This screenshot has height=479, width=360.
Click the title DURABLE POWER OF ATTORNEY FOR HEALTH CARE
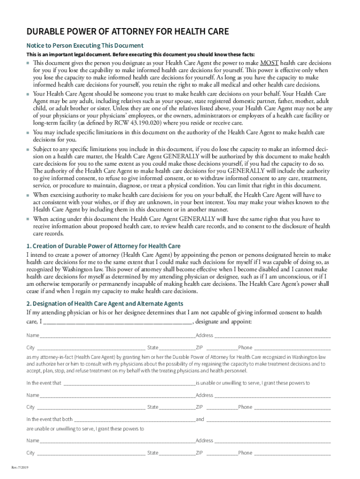click(x=128, y=32)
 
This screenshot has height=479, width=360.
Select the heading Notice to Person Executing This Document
click(x=85, y=45)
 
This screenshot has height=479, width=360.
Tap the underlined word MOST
click(x=270, y=63)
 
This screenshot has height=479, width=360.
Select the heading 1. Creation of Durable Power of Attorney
click(x=103, y=246)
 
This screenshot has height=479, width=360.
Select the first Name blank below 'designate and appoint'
click(x=117, y=335)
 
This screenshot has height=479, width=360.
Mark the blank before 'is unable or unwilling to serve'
click(x=129, y=383)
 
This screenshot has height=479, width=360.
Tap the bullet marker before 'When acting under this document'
click(x=28, y=219)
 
